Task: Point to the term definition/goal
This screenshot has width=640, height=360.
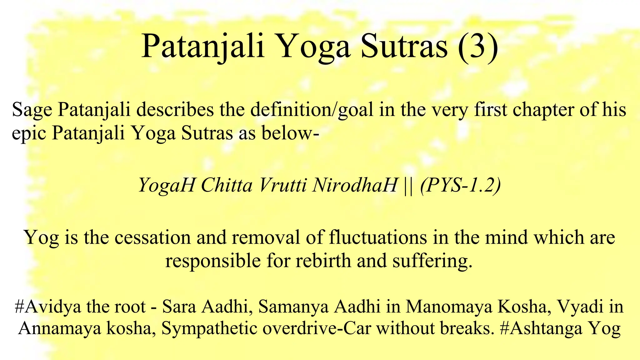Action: coord(312,110)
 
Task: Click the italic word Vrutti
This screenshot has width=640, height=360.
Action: coord(283,185)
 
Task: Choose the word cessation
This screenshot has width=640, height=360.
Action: coord(152,237)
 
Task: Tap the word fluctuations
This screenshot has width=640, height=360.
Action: coord(378,237)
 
